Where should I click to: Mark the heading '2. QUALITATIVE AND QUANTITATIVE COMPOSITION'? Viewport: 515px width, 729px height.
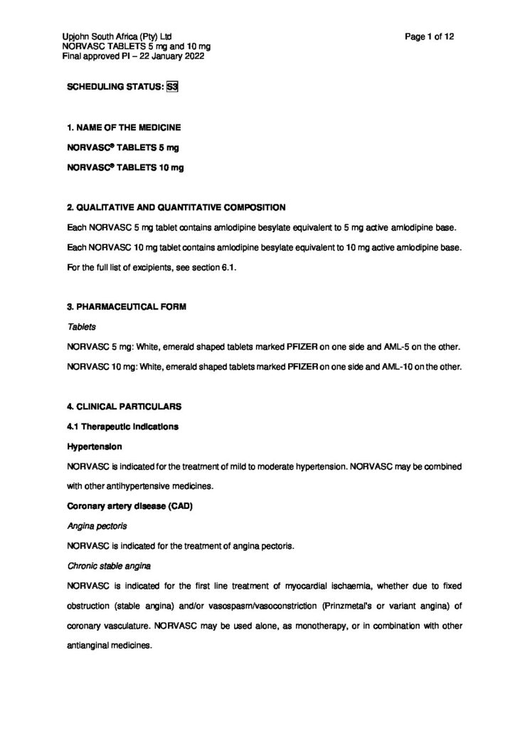[x=176, y=207]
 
